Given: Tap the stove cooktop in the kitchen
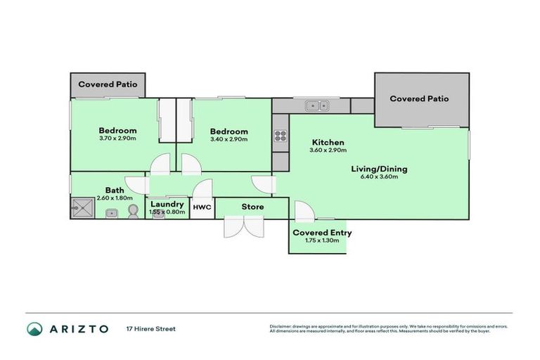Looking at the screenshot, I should click(280, 136).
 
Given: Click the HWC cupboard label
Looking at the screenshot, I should click(202, 207).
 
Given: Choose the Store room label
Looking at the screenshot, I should click(252, 207).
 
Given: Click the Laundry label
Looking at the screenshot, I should click(167, 204).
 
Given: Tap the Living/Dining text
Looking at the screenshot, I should click(380, 169).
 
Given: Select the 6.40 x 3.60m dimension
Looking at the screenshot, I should click(380, 177).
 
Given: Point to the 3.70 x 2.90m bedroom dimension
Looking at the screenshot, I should click(117, 139).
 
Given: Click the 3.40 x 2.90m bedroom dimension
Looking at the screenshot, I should click(229, 140).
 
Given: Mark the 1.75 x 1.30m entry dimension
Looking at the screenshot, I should click(322, 241).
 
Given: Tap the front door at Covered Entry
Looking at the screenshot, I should click(304, 212).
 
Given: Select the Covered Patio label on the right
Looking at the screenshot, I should click(419, 99).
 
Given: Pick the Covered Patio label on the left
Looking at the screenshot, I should click(108, 84).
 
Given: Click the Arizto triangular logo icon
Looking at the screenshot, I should click(34, 328).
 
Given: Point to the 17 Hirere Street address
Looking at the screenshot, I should click(150, 328).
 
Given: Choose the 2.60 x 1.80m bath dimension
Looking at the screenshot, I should click(115, 198).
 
